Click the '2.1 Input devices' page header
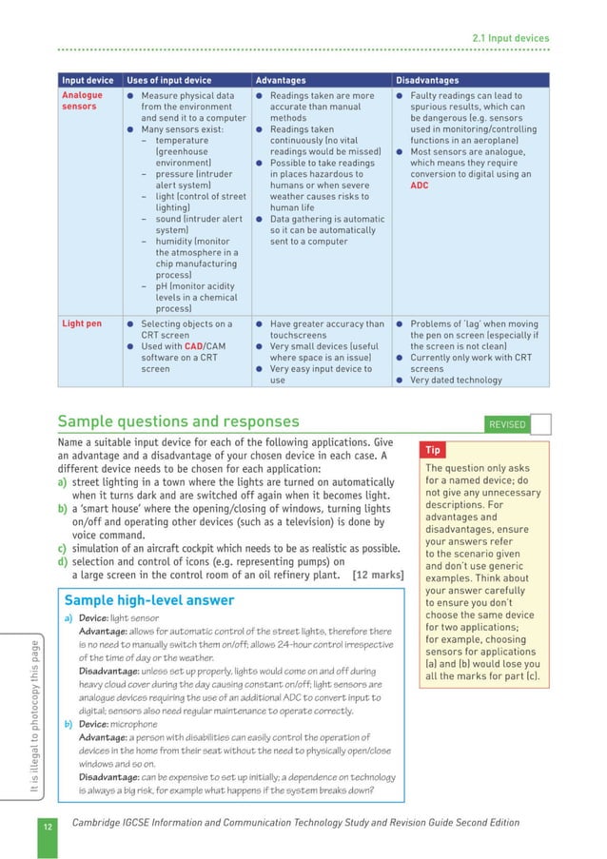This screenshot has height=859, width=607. (x=510, y=38)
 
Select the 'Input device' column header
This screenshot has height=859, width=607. (x=87, y=81)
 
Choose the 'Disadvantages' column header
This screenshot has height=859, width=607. (x=427, y=81)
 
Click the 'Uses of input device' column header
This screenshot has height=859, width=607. (x=168, y=81)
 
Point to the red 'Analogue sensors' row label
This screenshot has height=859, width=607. (x=82, y=101)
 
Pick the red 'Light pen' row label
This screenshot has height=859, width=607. (x=81, y=324)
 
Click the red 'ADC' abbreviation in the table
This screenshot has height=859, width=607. (x=420, y=185)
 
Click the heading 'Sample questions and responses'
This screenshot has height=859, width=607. (x=178, y=421)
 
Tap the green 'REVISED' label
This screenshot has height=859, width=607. (x=506, y=424)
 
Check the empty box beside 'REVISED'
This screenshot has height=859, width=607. (x=540, y=424)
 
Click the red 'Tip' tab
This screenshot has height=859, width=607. (x=433, y=450)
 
